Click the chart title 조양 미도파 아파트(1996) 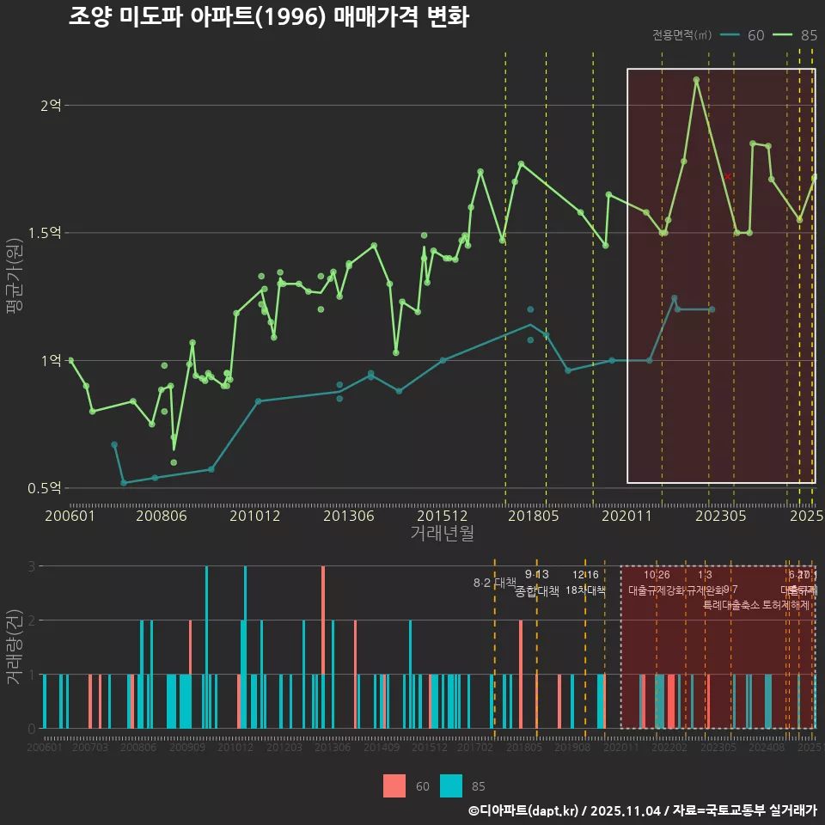click(268, 18)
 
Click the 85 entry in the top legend click(808, 35)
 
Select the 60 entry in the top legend click(755, 35)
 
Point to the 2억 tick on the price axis click(51, 106)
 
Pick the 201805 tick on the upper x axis click(533, 516)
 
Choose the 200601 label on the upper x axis click(70, 516)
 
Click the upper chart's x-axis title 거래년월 click(442, 533)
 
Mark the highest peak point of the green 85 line click(696, 80)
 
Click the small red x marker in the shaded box click(727, 176)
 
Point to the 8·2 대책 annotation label click(494, 583)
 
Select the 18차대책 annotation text click(585, 590)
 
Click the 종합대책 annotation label click(536, 591)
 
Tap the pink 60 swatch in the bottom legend click(394, 785)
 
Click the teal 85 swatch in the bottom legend click(451, 785)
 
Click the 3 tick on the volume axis click(31, 566)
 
